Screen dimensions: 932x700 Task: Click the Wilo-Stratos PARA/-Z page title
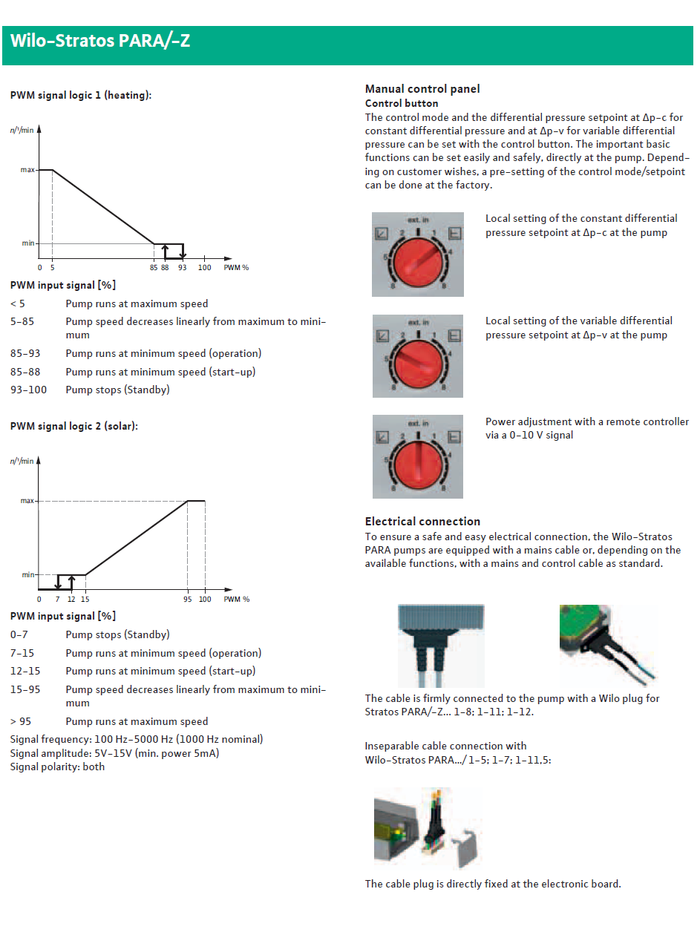(100, 41)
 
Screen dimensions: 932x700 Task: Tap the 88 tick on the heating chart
(165, 268)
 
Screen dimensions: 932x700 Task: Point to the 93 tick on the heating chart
(183, 268)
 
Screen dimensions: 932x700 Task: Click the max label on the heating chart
(28, 170)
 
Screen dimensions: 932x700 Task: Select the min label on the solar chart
(27, 575)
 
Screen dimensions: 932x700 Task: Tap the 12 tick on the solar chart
(71, 599)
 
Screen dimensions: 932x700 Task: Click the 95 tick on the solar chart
(188, 599)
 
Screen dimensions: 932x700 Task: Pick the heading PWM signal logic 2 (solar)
(74, 426)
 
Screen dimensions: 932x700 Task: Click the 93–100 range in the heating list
(29, 390)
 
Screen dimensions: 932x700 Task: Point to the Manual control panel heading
(422, 89)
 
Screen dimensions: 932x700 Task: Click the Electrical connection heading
(422, 521)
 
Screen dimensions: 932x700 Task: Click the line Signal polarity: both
(57, 767)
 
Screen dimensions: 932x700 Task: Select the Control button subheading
(402, 103)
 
